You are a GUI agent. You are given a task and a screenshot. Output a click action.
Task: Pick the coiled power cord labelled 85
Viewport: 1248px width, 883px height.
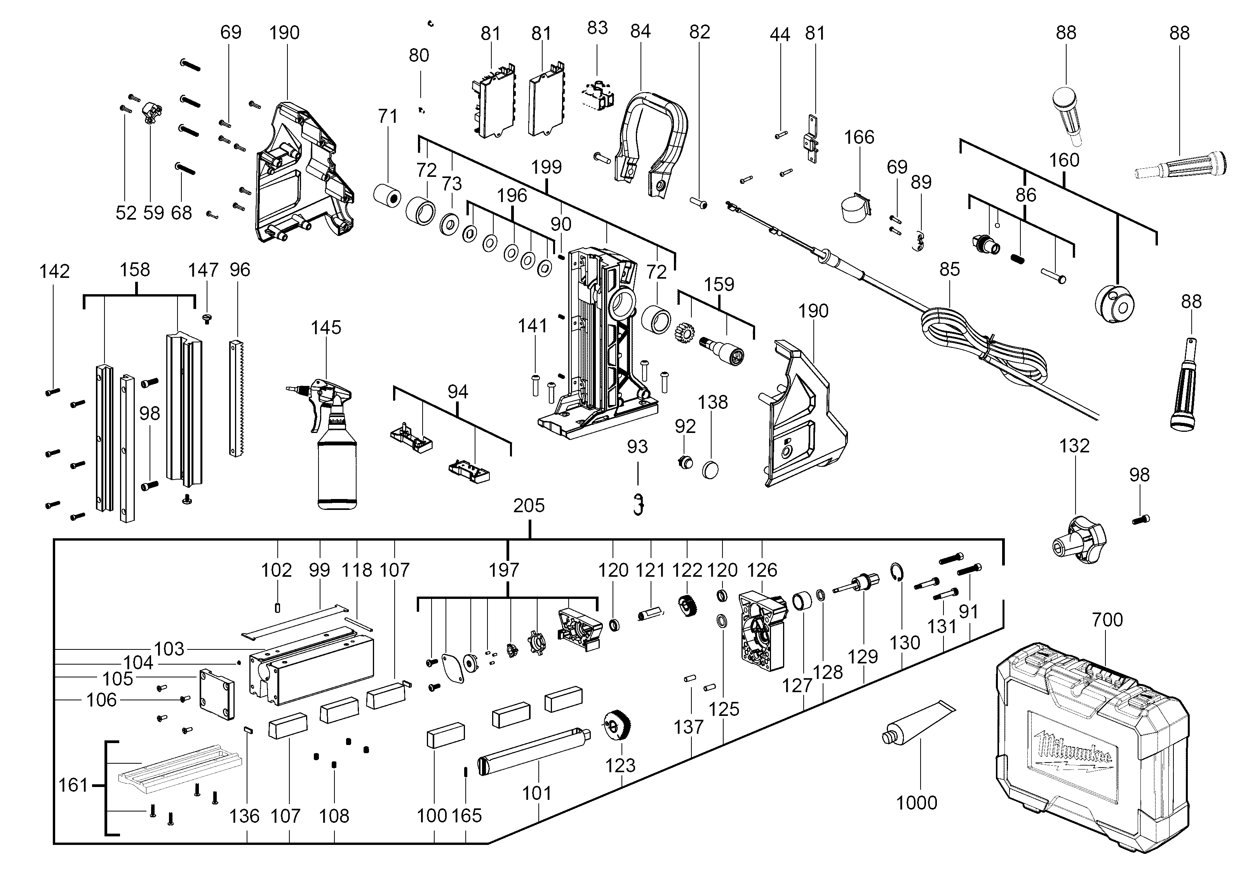coord(984,348)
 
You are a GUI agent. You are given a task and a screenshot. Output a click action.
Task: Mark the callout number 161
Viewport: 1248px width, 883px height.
coord(73,785)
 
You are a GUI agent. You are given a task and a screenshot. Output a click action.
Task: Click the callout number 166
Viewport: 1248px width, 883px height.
coord(859,137)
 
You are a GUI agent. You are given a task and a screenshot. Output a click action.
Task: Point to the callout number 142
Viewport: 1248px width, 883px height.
coord(54,271)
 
